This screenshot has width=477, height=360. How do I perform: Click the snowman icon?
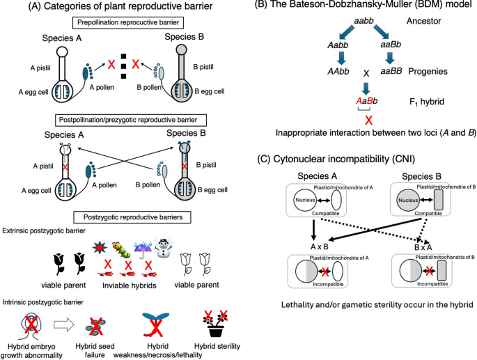point(164,249)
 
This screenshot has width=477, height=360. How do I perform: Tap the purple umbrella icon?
point(143,249)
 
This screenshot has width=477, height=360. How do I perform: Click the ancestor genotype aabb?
point(363,22)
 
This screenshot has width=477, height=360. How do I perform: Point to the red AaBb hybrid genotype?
point(366,101)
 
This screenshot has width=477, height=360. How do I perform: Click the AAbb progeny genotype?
point(338,72)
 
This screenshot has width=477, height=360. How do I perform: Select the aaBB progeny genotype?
point(391,71)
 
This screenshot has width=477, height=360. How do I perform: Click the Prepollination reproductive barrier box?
point(127,22)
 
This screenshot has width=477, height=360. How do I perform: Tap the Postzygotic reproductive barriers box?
point(133,217)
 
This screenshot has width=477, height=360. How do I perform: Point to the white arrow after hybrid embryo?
point(63,324)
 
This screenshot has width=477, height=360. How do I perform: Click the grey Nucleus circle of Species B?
point(408,201)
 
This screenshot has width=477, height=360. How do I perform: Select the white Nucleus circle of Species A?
point(305,201)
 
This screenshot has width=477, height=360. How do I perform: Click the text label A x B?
point(319,246)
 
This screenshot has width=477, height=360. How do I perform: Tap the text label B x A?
point(423,247)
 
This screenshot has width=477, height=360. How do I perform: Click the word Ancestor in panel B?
point(423,22)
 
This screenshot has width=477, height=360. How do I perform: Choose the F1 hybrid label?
point(426,102)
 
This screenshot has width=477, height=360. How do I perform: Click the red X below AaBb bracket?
point(368,120)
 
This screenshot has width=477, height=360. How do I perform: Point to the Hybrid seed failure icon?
point(95,325)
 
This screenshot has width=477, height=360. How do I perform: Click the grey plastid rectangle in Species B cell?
point(438,200)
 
